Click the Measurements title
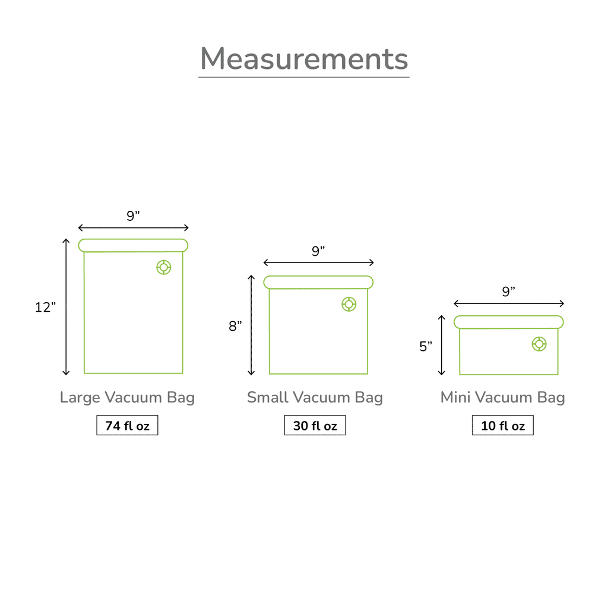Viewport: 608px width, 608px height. (x=304, y=59)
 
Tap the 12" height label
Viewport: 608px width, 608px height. (x=45, y=307)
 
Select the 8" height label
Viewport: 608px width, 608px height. (x=235, y=326)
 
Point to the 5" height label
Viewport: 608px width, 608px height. (x=425, y=346)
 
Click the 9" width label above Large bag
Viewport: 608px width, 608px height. (x=133, y=216)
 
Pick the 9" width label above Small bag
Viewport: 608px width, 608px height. (x=318, y=251)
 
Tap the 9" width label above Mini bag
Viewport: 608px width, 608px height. (x=508, y=291)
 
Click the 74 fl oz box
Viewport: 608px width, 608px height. (x=127, y=425)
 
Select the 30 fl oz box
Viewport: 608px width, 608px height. (x=315, y=425)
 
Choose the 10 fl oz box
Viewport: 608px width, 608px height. (x=502, y=425)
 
